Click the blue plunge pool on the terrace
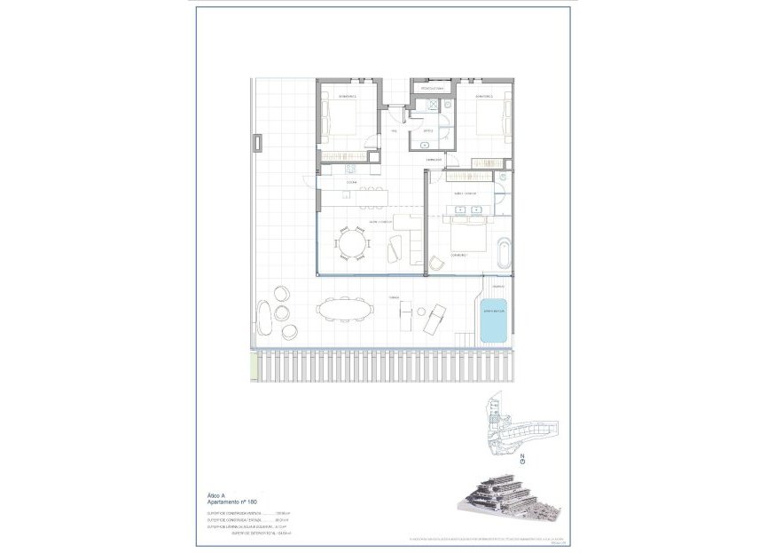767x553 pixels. pos(493,320)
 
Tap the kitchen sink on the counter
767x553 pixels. pos(348,167)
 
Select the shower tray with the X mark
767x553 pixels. pos(432,105)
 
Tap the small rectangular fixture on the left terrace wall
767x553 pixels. pos(257,143)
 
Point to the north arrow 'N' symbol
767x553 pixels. pos(522,459)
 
